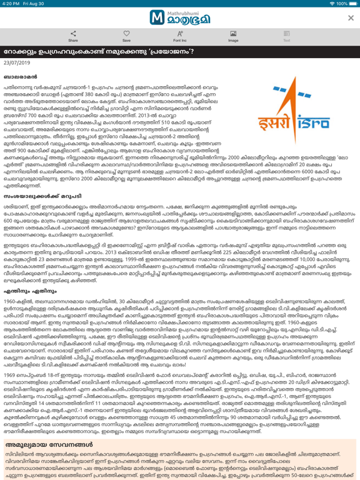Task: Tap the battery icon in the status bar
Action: click(x=352, y=4)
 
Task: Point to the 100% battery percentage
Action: click(x=338, y=4)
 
